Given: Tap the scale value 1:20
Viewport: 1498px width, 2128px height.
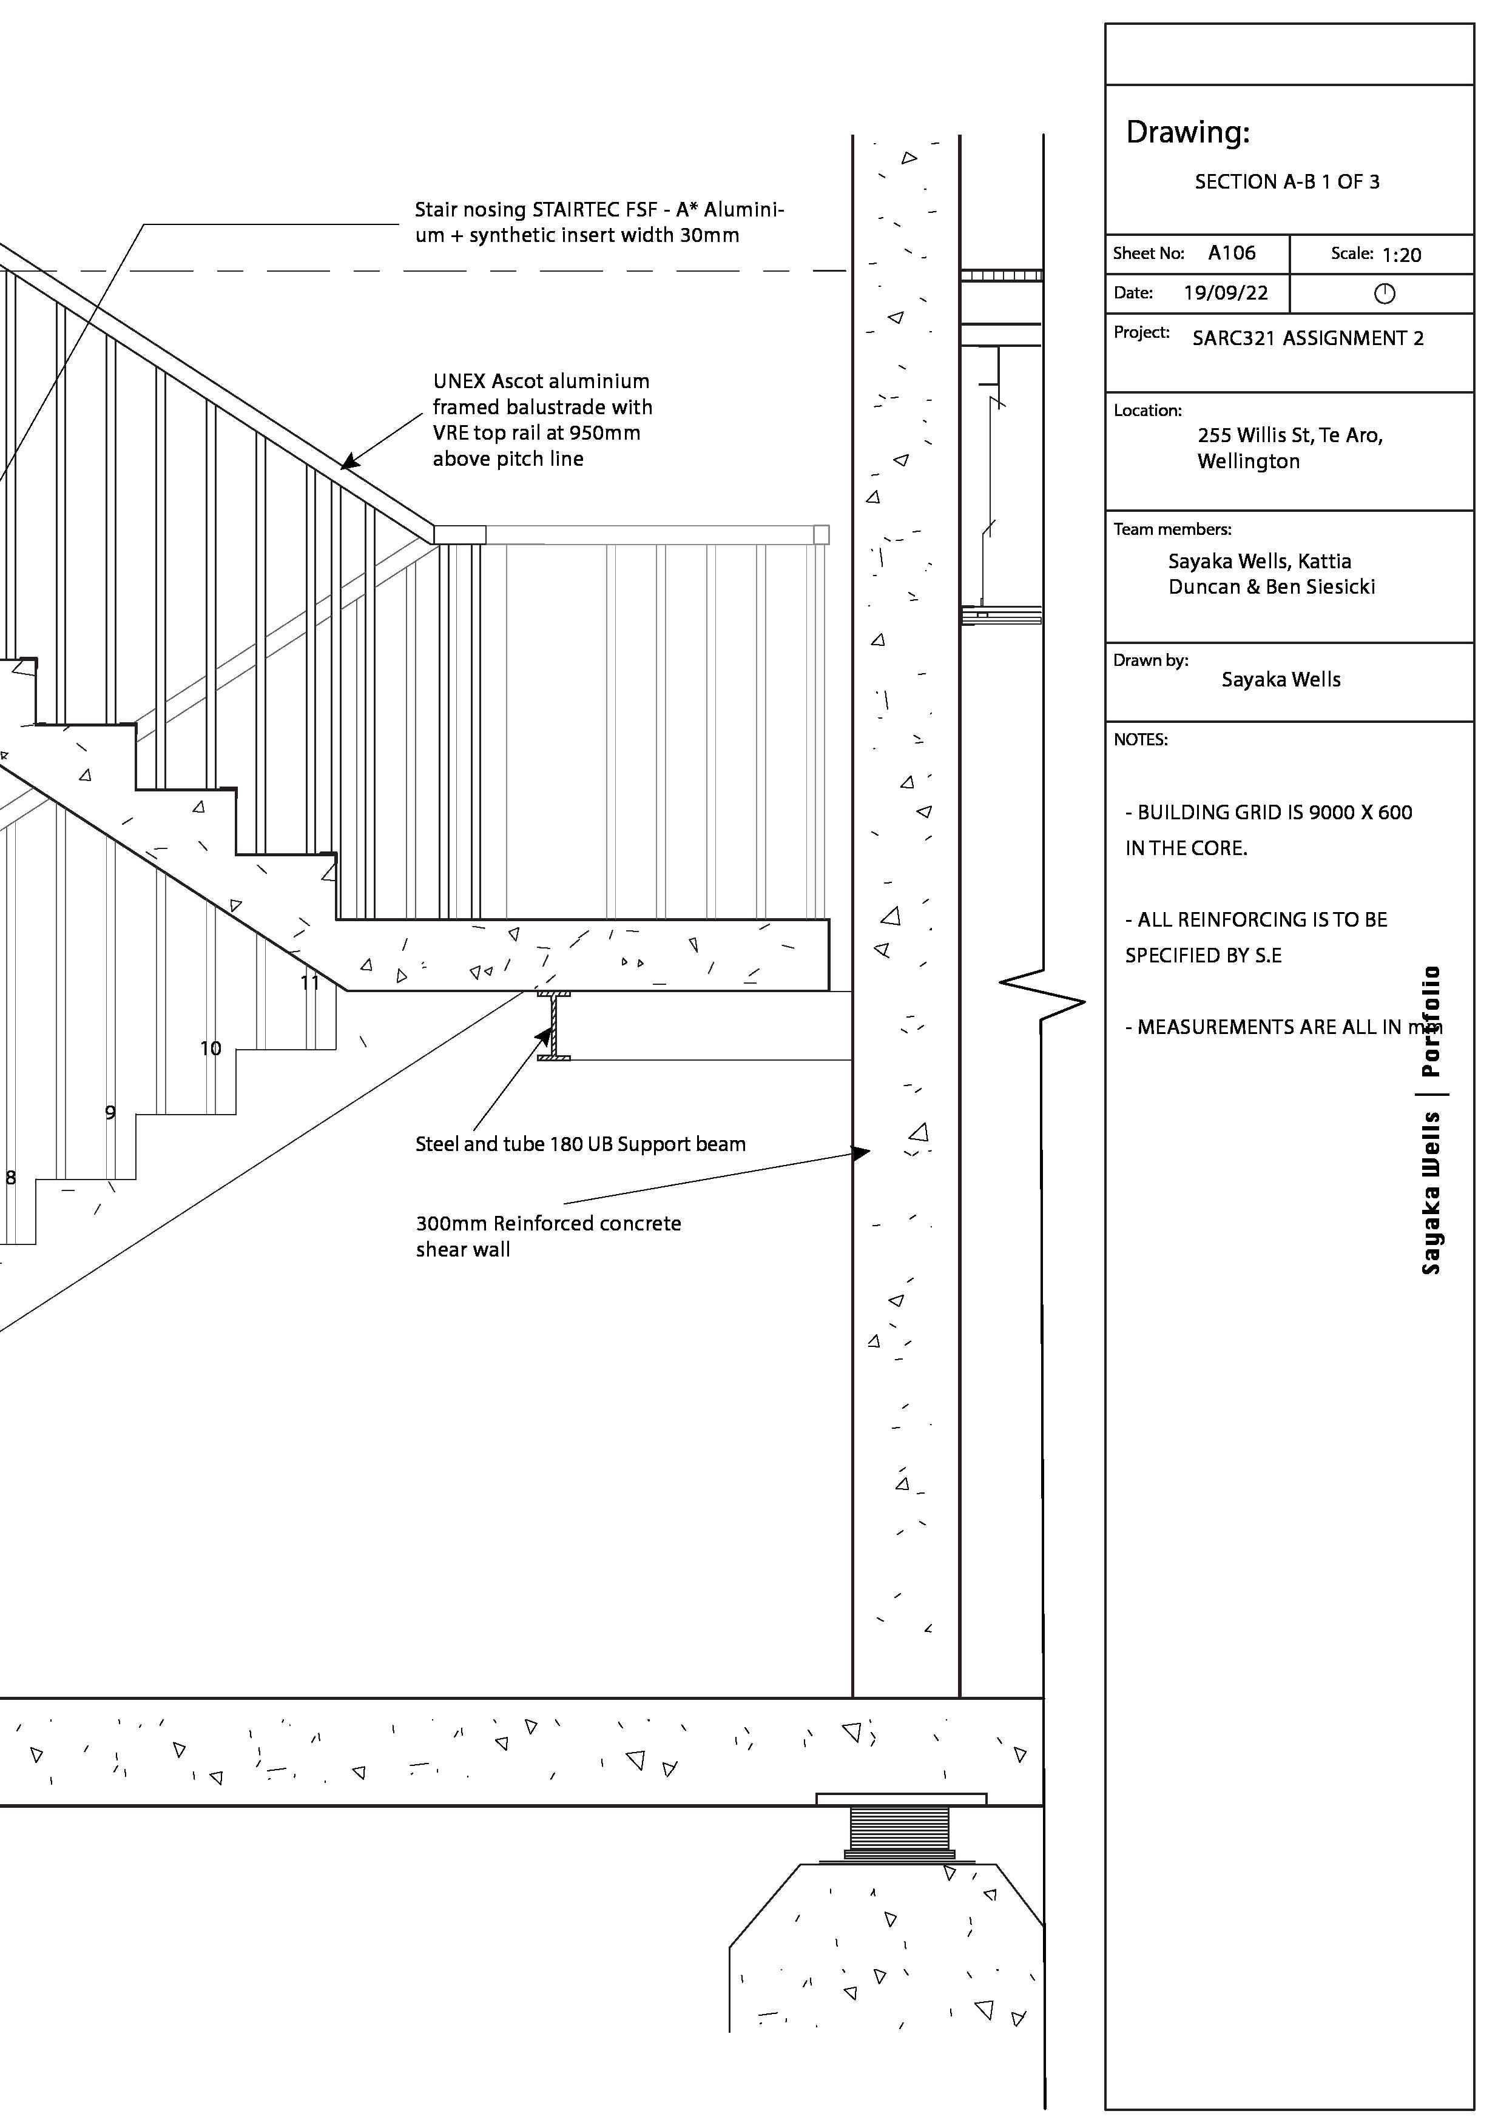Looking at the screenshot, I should pyautogui.click(x=1401, y=255).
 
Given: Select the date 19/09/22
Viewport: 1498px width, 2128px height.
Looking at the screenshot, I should pyautogui.click(x=1226, y=293).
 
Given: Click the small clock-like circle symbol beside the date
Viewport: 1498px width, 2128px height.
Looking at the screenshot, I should pyautogui.click(x=1384, y=294).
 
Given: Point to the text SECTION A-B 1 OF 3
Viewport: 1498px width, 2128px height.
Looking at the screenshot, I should pyautogui.click(x=1287, y=182).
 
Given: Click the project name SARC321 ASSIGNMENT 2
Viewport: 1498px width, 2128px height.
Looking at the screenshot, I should pyautogui.click(x=1307, y=338).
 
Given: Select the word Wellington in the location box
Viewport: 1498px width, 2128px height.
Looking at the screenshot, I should pyautogui.click(x=1247, y=462).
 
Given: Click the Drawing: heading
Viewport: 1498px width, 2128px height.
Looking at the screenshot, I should pyautogui.click(x=1187, y=133).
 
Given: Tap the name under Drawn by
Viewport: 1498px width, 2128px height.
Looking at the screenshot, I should pyautogui.click(x=1280, y=679).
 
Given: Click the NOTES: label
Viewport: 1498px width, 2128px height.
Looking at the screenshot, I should pyautogui.click(x=1140, y=740).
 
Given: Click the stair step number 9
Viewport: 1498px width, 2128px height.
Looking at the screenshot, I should pyautogui.click(x=110, y=1112).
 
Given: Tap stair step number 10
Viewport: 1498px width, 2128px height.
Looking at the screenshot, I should pyautogui.click(x=211, y=1049).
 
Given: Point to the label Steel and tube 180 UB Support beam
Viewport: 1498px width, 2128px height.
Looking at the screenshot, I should pyautogui.click(x=580, y=1144).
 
